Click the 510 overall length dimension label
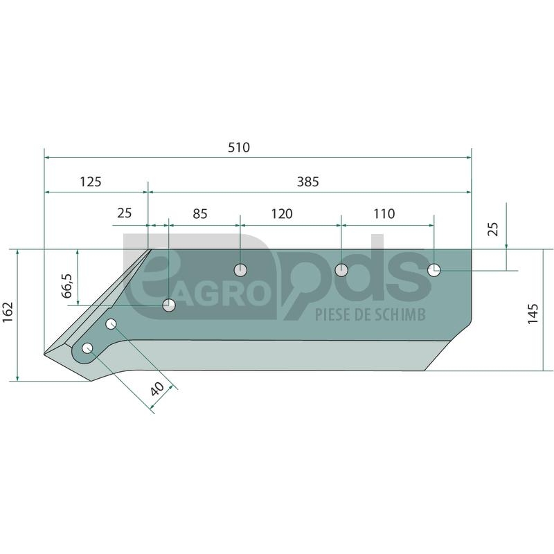(239, 148)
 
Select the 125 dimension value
(91, 182)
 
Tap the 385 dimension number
(307, 182)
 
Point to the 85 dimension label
(200, 214)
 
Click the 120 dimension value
(282, 214)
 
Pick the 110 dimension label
(384, 214)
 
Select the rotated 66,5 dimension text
(67, 285)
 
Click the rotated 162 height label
(8, 312)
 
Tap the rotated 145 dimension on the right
(533, 314)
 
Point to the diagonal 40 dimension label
(157, 388)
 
